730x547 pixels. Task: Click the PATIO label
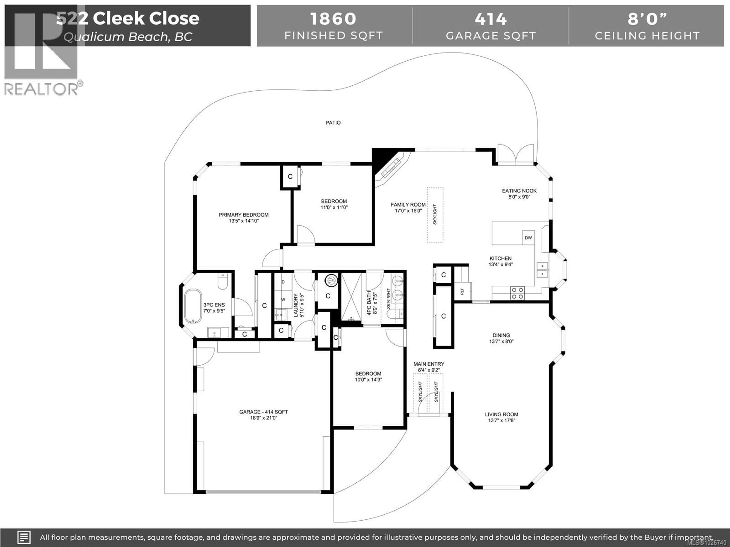click(333, 123)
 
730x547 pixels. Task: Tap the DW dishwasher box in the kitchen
click(528, 238)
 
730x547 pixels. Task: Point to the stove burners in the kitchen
click(517, 293)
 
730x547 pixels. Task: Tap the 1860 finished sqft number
click(333, 19)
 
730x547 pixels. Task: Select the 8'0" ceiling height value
click(647, 19)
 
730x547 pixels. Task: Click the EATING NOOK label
click(519, 191)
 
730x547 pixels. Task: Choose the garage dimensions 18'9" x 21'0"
click(263, 418)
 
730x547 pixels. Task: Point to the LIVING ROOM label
click(501, 414)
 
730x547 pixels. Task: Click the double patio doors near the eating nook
click(516, 155)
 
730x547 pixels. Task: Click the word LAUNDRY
click(296, 305)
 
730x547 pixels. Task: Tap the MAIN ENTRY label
click(429, 364)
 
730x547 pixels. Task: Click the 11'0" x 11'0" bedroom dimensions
click(334, 207)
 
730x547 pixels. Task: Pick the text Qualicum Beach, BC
click(128, 37)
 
